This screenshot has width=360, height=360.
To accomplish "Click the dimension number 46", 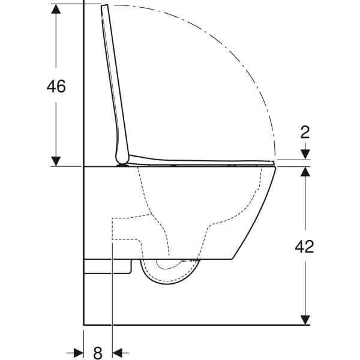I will (x=56, y=86).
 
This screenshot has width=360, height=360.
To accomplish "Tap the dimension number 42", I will (x=306, y=246).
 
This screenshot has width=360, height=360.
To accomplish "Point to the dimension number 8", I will (x=98, y=351).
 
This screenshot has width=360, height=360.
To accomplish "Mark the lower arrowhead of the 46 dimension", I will (x=56, y=160).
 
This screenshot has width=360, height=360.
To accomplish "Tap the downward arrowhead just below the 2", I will (x=306, y=155).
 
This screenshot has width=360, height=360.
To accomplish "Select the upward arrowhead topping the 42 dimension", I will (x=306, y=173).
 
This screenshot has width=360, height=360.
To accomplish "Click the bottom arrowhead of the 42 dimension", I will (x=306, y=319).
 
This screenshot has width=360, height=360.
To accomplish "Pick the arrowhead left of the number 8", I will (x=78, y=351).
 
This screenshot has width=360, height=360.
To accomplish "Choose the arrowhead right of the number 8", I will (x=118, y=351).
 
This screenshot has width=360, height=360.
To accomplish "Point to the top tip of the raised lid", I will (x=106, y=6).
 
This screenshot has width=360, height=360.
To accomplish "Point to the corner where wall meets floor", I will (x=83, y=325).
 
